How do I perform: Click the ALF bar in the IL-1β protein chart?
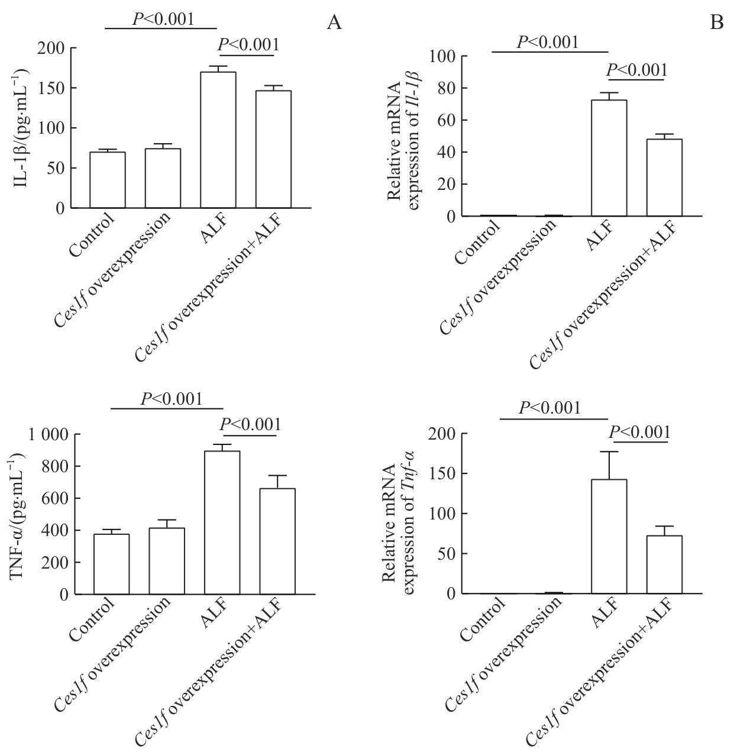pos(218,140)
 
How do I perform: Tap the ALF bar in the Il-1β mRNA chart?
pos(609,158)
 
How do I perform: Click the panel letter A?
pos(334,22)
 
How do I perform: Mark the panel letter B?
pos(716,22)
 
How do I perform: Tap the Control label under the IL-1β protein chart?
pos(92,235)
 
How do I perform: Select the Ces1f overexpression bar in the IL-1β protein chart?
pos(163,178)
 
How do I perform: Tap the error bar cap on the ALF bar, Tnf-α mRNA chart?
pos(609,452)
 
